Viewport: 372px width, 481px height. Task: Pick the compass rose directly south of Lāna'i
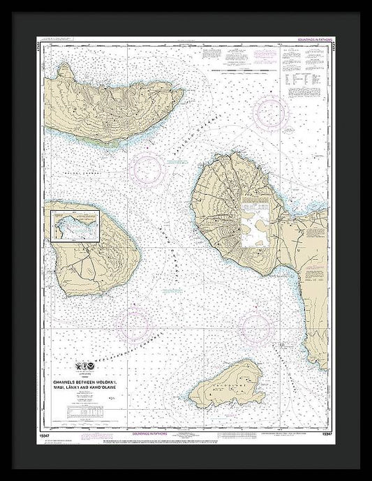(133, 323)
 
